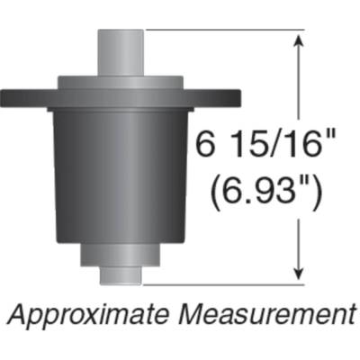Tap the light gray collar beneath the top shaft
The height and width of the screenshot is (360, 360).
[x=121, y=82]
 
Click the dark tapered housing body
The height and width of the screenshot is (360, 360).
[x=121, y=171]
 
